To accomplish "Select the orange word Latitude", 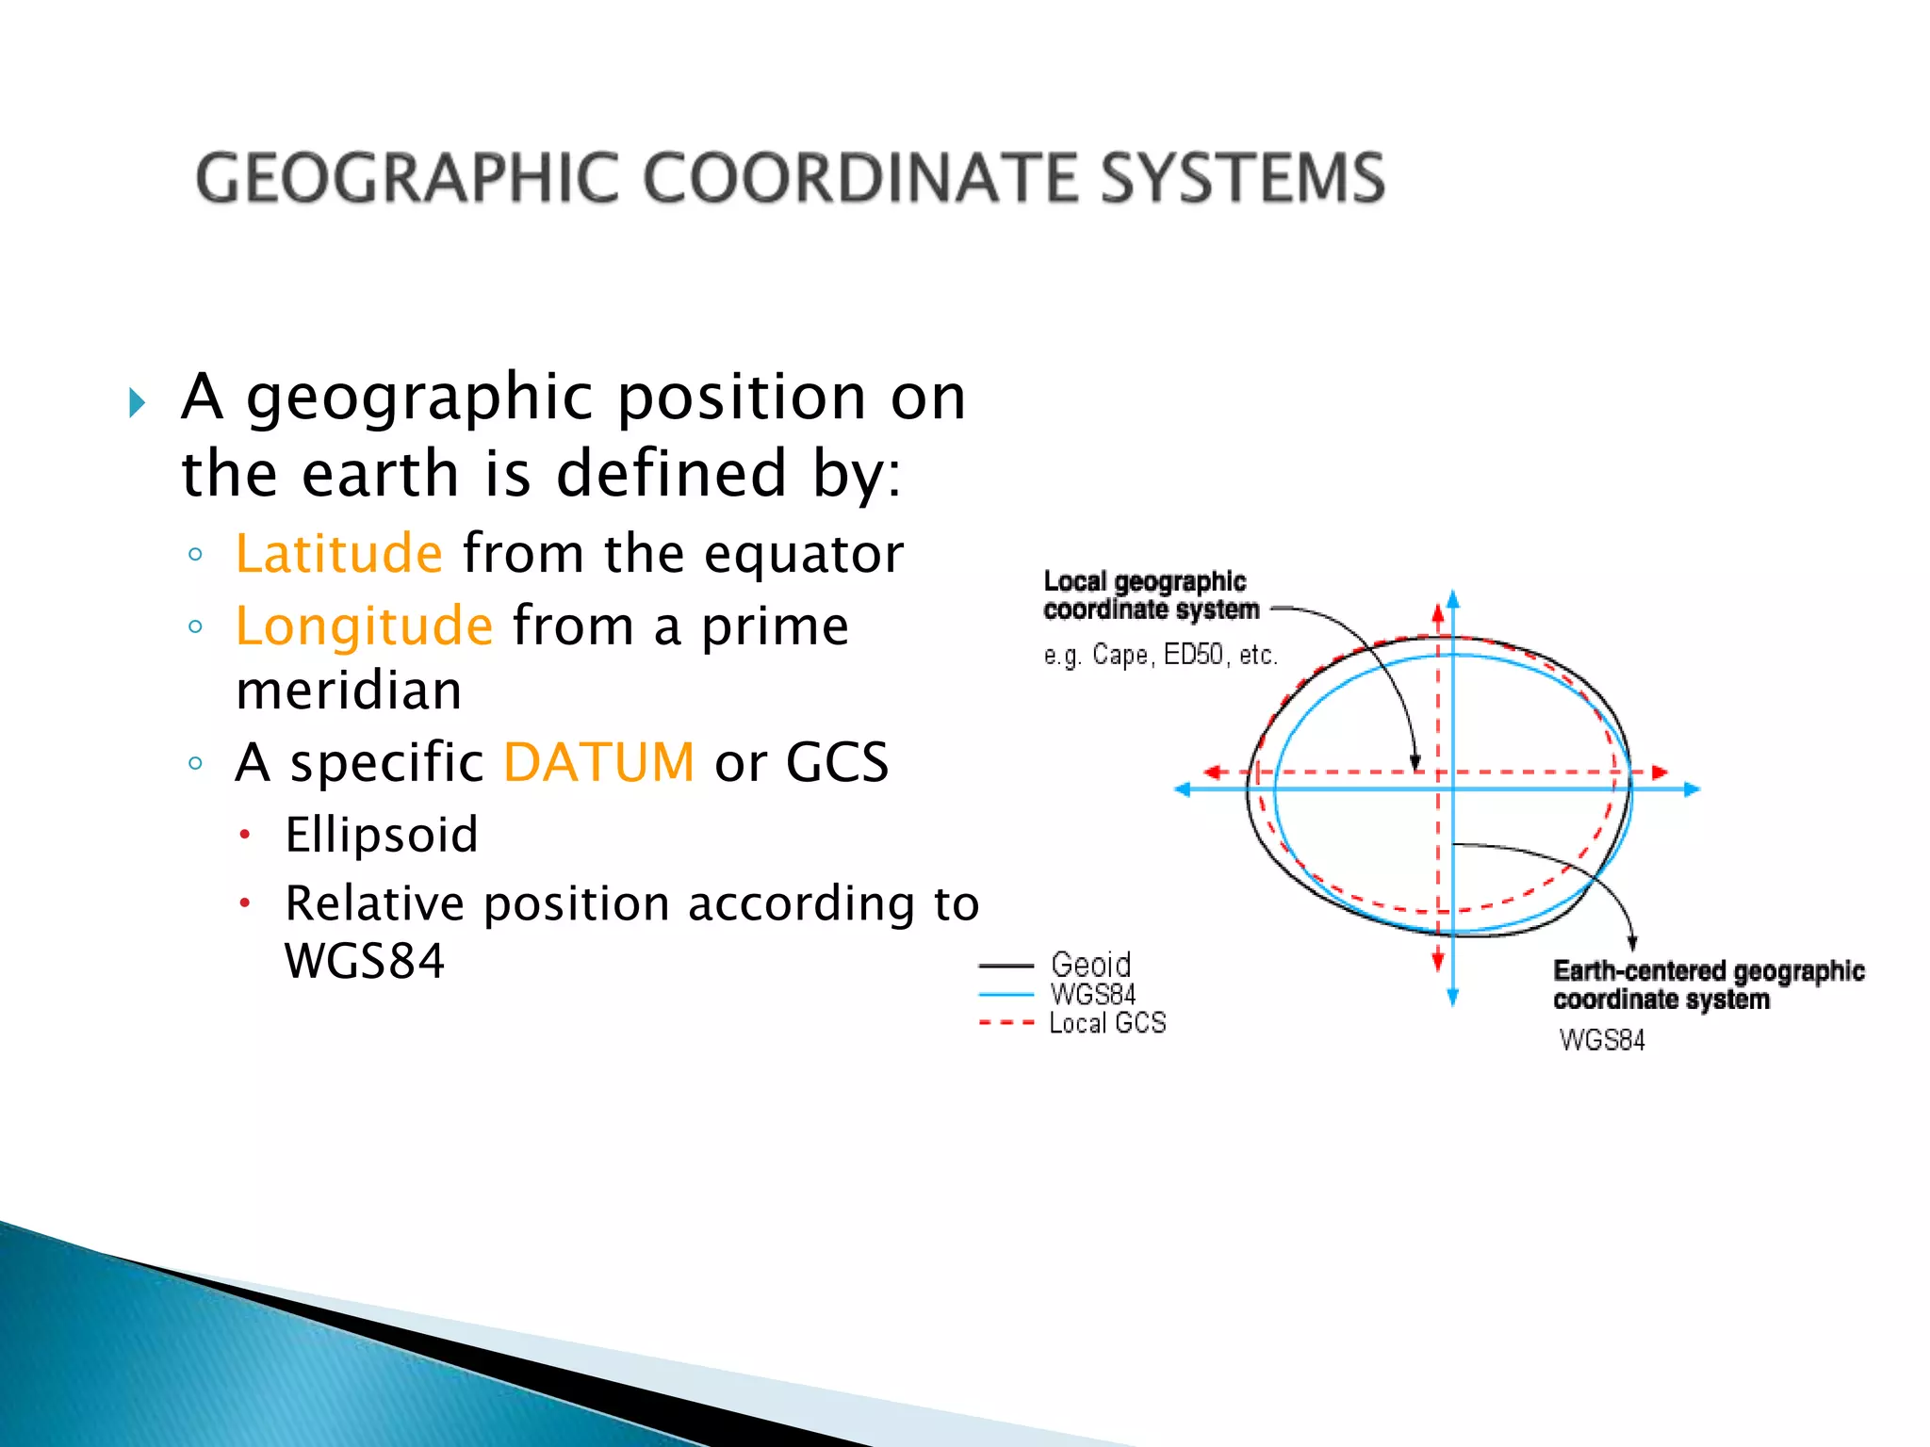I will pyautogui.click(x=338, y=553).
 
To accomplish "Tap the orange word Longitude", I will pyautogui.click(x=364, y=626).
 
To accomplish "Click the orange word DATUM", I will pyautogui.click(x=599, y=762).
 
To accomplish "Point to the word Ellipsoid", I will pyautogui.click(x=382, y=835).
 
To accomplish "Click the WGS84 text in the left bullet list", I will pyautogui.click(x=364, y=961).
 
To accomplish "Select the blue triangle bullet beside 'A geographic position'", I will pyautogui.click(x=138, y=403).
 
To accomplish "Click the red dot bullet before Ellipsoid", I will pyautogui.click(x=245, y=835).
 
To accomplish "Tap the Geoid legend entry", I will pyautogui.click(x=1090, y=965).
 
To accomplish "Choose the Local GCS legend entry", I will pyautogui.click(x=1107, y=1023).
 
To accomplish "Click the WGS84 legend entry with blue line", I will pyautogui.click(x=1093, y=994).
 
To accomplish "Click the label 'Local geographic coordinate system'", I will pyautogui.click(x=1150, y=595).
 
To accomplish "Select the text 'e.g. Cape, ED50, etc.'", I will pyautogui.click(x=1160, y=655).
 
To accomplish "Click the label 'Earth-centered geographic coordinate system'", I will pyautogui.click(x=1708, y=984).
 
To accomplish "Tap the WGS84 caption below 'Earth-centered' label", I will pyautogui.click(x=1602, y=1040).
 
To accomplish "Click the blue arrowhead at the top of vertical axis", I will pyautogui.click(x=1452, y=598).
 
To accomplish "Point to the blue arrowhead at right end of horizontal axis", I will pyautogui.click(x=1693, y=789).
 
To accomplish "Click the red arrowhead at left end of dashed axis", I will pyautogui.click(x=1213, y=772).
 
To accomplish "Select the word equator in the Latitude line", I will pyautogui.click(x=804, y=555).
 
